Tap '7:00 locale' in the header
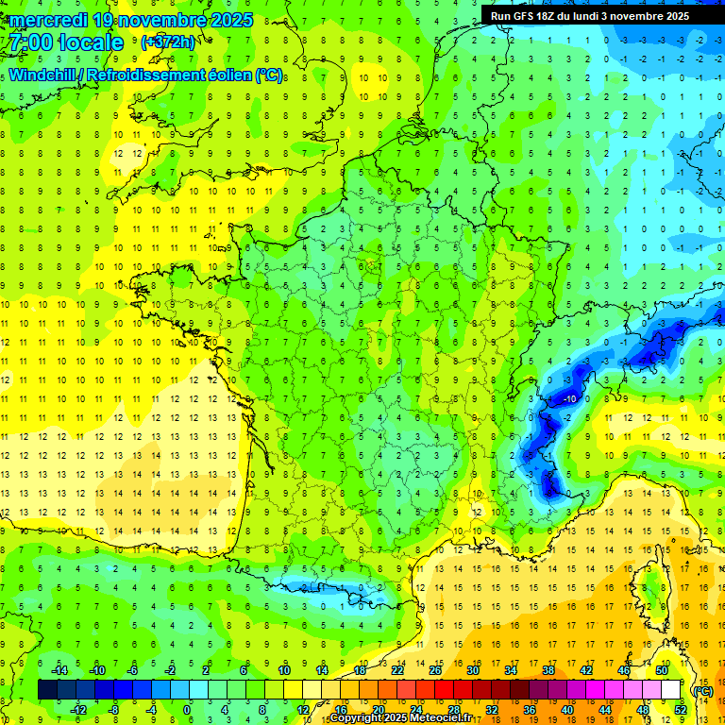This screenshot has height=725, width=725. click(66, 42)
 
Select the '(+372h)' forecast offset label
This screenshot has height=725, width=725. click(169, 42)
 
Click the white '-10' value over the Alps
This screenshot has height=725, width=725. click(569, 399)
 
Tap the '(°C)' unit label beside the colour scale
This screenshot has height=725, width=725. click(702, 690)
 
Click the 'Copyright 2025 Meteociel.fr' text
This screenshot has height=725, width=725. click(400, 718)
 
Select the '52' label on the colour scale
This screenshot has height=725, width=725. click(681, 709)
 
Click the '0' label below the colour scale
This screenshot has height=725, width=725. click(187, 709)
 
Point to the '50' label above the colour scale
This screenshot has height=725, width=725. click(662, 670)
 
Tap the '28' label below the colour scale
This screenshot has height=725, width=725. click(454, 709)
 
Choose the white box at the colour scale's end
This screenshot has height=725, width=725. click(671, 690)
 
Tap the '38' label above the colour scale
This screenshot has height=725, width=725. click(548, 670)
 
